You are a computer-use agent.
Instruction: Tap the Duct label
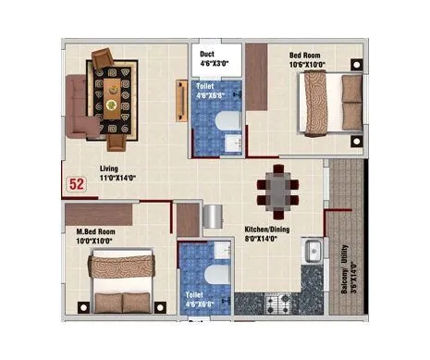[208, 55]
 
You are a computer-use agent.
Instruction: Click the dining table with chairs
[276, 190]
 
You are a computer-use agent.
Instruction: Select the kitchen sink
[313, 250]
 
